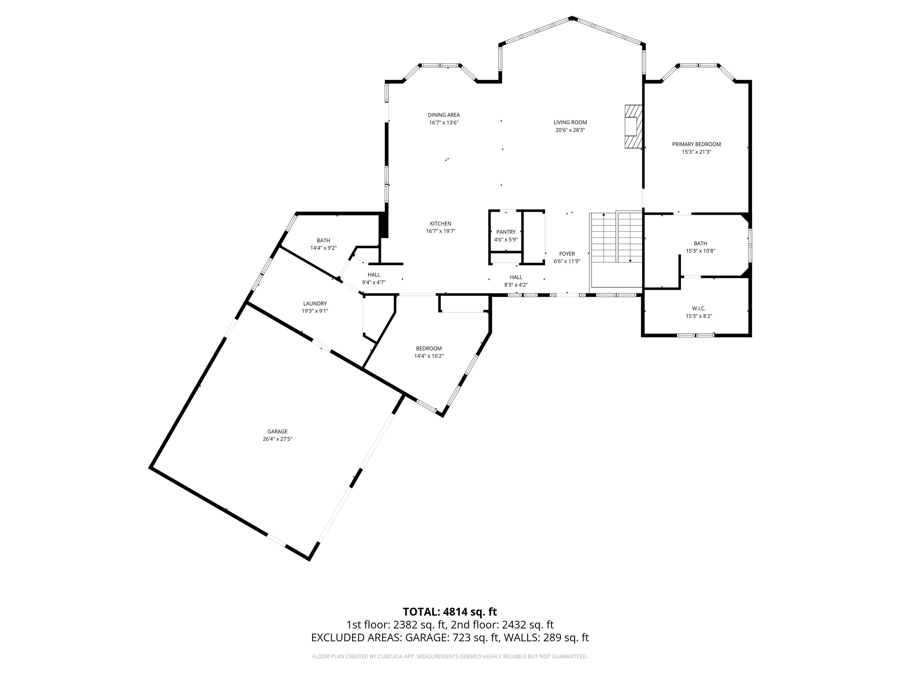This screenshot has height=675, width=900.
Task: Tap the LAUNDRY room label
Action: click(315, 303)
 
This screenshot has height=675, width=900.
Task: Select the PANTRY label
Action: click(506, 232)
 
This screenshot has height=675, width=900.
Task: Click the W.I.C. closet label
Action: click(699, 308)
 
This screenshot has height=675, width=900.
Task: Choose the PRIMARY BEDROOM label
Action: click(696, 144)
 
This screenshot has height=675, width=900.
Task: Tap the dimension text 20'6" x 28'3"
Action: click(570, 130)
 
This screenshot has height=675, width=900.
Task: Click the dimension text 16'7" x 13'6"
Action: click(444, 122)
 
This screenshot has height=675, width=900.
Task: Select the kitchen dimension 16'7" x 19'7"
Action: click(440, 231)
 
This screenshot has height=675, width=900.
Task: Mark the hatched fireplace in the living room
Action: click(633, 127)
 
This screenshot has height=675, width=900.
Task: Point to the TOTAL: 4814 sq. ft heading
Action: click(450, 611)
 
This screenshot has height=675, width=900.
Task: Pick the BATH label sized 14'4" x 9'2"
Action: click(323, 241)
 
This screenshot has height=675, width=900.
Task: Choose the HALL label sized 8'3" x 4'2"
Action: click(516, 277)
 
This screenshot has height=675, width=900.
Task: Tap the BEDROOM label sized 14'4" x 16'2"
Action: click(428, 348)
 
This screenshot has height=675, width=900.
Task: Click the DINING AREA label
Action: click(444, 115)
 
